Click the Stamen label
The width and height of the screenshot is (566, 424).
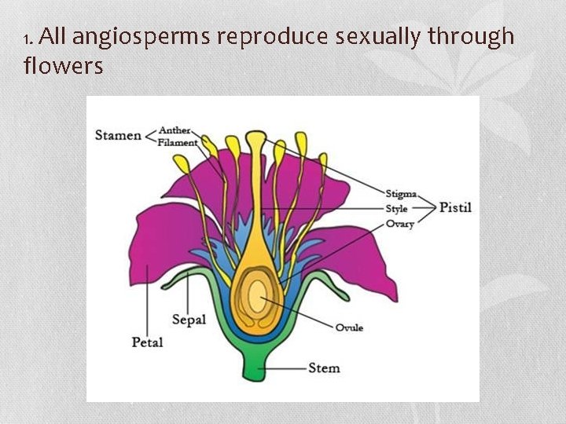(x=118, y=135)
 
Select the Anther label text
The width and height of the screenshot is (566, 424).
(x=175, y=130)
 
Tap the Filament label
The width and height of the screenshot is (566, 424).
(x=178, y=142)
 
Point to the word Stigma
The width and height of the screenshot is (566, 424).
(x=401, y=193)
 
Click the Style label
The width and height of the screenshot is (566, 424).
(x=397, y=209)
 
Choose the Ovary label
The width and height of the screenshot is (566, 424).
(x=399, y=224)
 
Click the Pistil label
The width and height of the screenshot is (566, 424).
(x=455, y=208)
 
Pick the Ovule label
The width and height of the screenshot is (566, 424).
(x=349, y=327)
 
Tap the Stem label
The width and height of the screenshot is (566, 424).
(x=324, y=367)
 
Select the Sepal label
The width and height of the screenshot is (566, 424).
(x=189, y=320)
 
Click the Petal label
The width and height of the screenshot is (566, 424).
(x=147, y=342)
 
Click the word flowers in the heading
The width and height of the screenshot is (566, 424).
(x=63, y=66)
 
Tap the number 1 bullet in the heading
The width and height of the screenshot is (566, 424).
(x=28, y=39)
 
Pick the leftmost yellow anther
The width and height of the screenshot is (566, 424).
(x=182, y=164)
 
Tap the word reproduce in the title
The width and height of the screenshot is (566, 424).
(x=274, y=37)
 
